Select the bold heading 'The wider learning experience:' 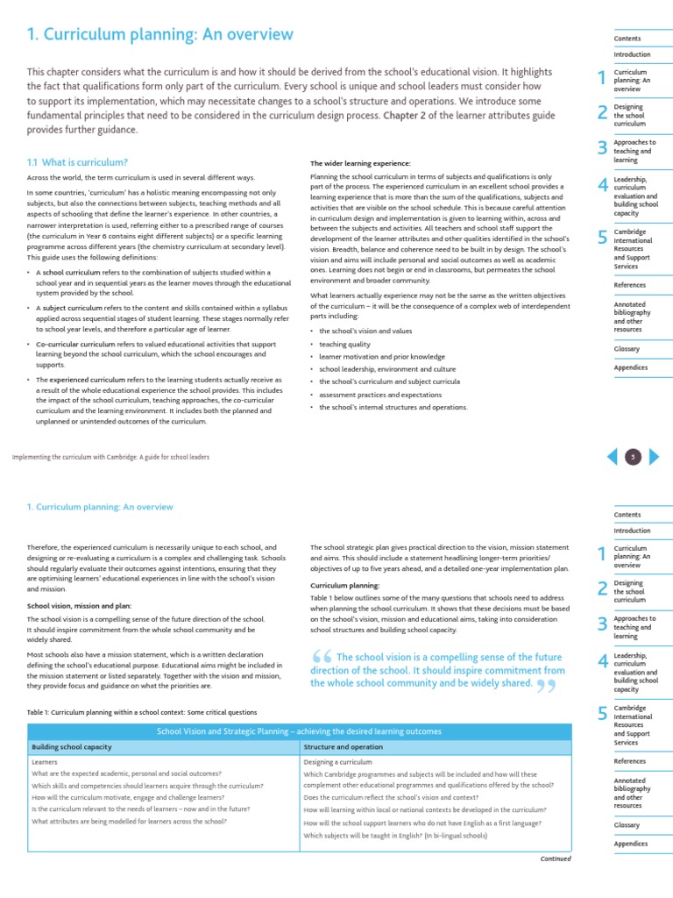[x=360, y=163]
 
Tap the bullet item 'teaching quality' [x=344, y=345]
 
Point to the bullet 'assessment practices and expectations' [x=380, y=395]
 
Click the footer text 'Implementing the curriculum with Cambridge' [x=110, y=457]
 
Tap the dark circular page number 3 [x=634, y=456]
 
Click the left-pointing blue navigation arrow [x=613, y=456]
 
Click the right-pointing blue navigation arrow [x=655, y=456]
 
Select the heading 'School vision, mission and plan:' [x=80, y=605]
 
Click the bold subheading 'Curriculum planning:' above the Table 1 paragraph [x=344, y=585]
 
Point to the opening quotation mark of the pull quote [x=321, y=659]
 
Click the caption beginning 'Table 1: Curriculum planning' [x=142, y=712]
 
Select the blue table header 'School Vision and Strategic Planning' [x=299, y=731]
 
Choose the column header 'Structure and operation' [x=343, y=747]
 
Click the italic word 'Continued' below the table [x=556, y=859]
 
